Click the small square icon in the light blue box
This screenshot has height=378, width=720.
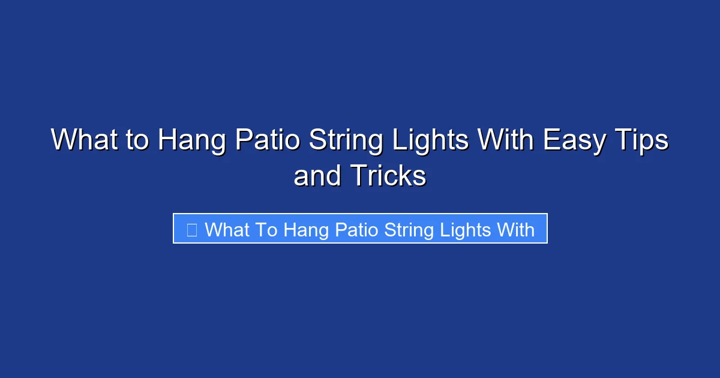[x=192, y=229]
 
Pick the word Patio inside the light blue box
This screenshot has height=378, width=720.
[x=353, y=229]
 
